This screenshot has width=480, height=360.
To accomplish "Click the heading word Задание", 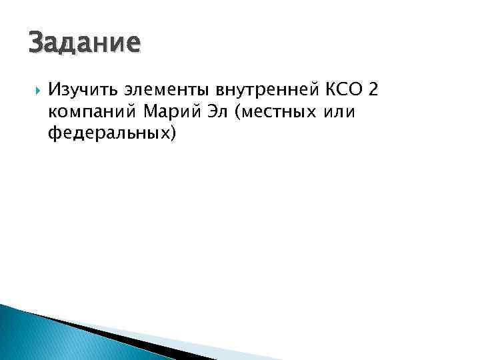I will (x=85, y=43).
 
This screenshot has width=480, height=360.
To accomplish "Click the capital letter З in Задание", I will (x=37, y=43).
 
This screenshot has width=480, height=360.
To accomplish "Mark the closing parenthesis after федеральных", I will (x=173, y=135).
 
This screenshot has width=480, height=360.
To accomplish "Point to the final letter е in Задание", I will (x=134, y=45).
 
